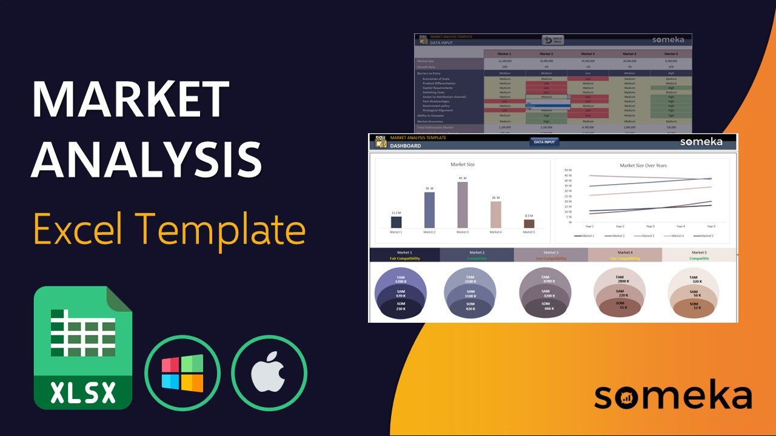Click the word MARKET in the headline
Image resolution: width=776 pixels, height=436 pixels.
tap(130, 99)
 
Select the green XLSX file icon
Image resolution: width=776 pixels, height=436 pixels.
tap(83, 348)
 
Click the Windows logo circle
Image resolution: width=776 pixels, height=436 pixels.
tap(182, 373)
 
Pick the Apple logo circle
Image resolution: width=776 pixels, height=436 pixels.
tap(269, 373)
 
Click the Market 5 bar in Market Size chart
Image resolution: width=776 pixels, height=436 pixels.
tap(529, 223)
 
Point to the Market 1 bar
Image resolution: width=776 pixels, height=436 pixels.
tap(396, 222)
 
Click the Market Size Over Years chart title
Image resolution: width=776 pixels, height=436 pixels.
tap(643, 165)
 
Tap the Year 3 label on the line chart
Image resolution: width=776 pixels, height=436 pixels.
tap(651, 226)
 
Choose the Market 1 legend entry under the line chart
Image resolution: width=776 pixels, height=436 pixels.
tap(584, 236)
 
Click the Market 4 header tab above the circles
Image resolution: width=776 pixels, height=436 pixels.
tap(624, 253)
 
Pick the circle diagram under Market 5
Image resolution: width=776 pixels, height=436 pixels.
tap(694, 293)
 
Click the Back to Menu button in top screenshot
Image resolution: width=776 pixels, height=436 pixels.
tap(552, 40)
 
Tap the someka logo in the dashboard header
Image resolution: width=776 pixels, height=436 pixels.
tap(701, 142)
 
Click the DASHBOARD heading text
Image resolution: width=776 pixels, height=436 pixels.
tap(406, 146)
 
